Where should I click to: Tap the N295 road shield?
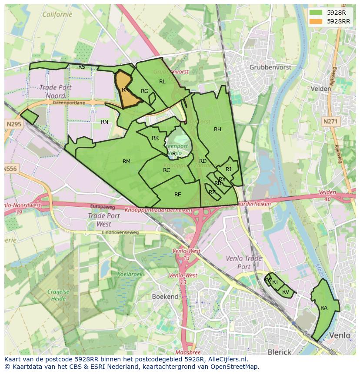click(x=13, y=124)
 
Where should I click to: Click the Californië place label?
click(x=57, y=14)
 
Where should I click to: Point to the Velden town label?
click(x=321, y=89)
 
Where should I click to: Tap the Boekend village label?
click(x=165, y=297)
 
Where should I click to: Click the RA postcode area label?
click(x=324, y=308)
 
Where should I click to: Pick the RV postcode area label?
click(x=286, y=292)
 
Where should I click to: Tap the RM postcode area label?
click(x=127, y=162)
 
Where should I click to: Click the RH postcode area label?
click(x=217, y=129)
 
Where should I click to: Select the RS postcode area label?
click(x=82, y=67)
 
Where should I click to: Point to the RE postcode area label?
click(x=177, y=195)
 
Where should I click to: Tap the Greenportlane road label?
click(x=68, y=103)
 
